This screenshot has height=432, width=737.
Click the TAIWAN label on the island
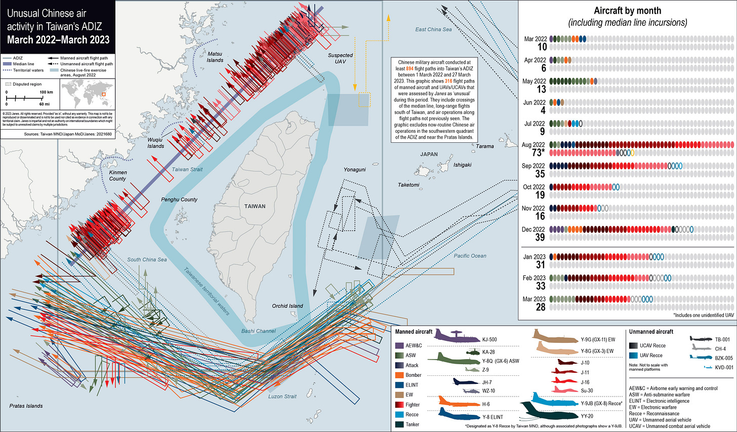(255, 206)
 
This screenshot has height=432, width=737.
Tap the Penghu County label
(179, 200)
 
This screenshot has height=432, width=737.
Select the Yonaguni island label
(354, 170)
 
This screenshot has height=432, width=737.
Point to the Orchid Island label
(287, 306)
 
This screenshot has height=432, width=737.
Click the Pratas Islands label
(26, 406)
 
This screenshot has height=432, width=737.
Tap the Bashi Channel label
(258, 331)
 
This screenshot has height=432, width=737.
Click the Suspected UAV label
(340, 58)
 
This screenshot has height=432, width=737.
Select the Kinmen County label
(118, 175)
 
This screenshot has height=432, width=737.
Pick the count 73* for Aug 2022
(538, 152)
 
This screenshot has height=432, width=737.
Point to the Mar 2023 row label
(534, 299)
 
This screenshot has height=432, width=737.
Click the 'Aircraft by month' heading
(627, 11)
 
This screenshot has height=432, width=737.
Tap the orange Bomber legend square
(399, 375)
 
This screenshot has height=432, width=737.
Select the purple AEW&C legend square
(399, 345)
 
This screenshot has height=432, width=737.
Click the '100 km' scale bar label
(46, 92)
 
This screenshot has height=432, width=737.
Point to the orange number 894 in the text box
(410, 69)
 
